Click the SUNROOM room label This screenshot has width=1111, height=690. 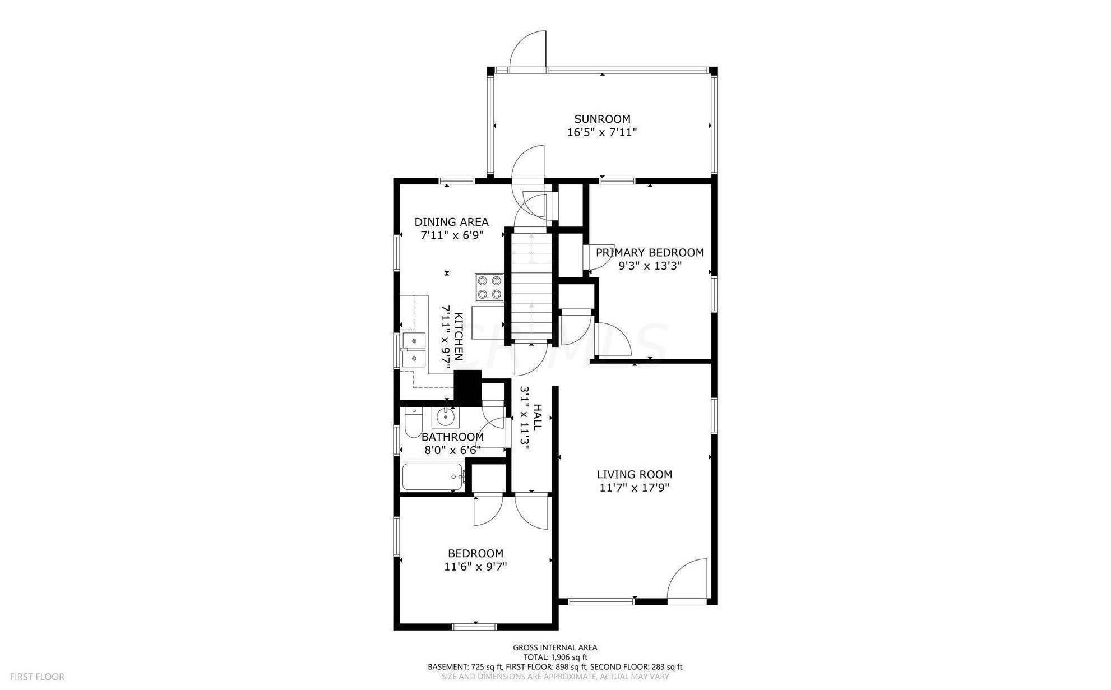(x=602, y=119)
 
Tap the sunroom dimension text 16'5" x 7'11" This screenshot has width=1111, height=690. (x=602, y=133)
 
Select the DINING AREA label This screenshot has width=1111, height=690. (x=451, y=222)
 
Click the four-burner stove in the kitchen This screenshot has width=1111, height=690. (x=489, y=286)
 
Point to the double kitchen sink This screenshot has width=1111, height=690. (x=414, y=350)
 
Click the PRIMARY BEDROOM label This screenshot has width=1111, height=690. (x=650, y=253)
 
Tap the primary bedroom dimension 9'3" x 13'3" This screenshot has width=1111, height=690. (x=650, y=266)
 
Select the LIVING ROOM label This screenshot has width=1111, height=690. (x=635, y=475)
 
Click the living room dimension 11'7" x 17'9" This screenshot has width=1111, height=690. (x=635, y=488)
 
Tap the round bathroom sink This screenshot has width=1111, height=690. (x=446, y=416)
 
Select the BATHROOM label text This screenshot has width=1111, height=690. (x=452, y=437)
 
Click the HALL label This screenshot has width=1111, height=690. (x=537, y=418)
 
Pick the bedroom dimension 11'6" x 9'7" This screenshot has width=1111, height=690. (x=475, y=567)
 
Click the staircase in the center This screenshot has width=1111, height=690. (x=531, y=286)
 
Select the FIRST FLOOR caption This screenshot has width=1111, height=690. (x=37, y=677)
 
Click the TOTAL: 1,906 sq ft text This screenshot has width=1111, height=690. (x=555, y=657)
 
